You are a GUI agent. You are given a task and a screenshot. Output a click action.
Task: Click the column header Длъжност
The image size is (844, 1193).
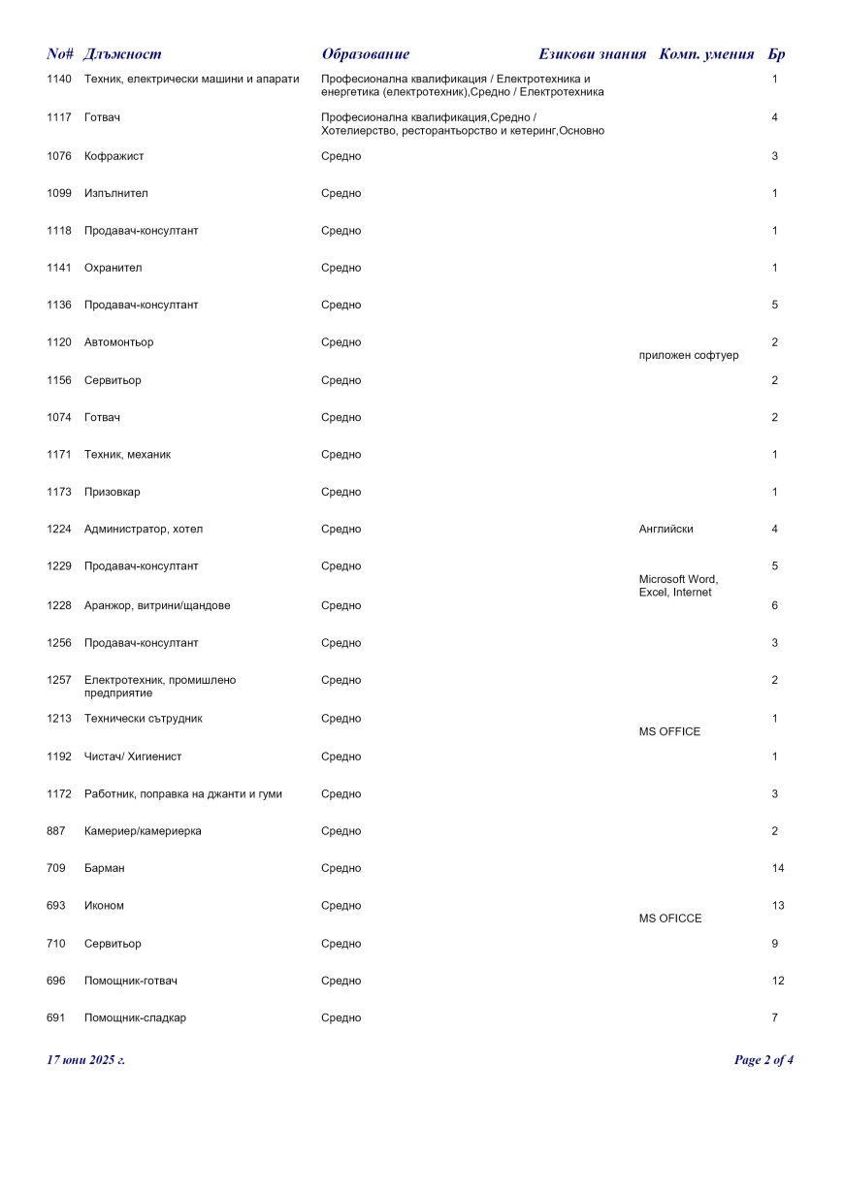122,54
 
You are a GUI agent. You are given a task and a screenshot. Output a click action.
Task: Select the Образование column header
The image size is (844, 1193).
365,54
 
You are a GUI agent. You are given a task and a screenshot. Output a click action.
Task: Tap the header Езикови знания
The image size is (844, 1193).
592,54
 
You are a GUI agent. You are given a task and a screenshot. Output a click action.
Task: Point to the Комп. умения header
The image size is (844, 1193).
706,54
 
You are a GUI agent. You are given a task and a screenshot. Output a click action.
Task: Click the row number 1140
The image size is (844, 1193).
59,79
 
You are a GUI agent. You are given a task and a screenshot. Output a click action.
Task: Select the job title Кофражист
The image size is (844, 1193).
114,156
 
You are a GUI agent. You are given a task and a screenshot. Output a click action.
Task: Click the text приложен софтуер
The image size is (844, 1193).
689,355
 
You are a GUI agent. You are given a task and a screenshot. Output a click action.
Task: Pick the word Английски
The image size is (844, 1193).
665,530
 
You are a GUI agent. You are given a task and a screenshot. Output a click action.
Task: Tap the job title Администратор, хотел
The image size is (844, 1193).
144,530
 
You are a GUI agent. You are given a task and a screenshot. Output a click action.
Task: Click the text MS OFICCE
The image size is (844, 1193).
670,919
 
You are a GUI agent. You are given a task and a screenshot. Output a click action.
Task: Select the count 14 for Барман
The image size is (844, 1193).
778,868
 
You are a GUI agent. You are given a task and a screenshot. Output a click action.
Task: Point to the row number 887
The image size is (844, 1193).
56,831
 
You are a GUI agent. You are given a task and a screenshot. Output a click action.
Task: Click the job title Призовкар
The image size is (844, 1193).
113,492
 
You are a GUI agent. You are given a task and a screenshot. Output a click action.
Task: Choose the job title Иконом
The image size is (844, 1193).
104,906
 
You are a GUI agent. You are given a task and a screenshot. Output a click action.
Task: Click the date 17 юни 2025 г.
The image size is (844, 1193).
85,1060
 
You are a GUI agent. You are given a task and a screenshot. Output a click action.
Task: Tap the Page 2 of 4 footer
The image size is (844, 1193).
763,1060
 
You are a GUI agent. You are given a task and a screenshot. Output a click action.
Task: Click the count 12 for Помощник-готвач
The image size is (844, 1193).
778,981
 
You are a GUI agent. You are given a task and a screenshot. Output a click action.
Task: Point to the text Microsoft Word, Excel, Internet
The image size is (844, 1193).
678,586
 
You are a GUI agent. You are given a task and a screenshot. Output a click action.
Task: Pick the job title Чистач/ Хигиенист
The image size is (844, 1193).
133,757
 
